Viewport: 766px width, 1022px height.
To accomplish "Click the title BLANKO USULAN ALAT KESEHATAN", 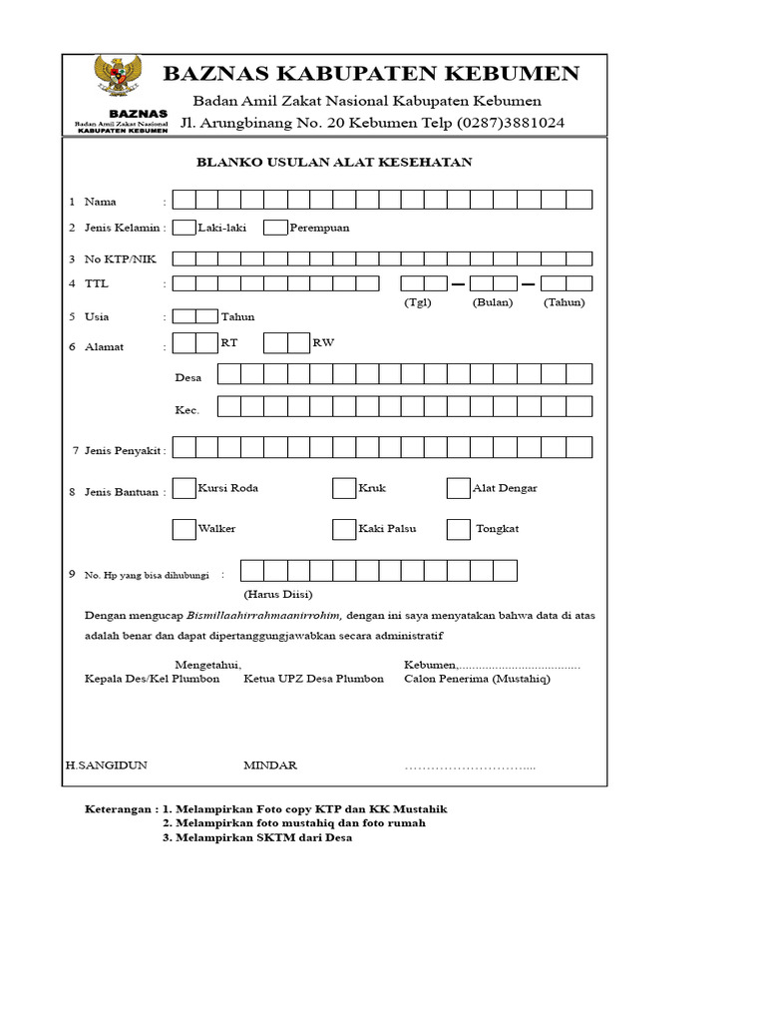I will point(334,162).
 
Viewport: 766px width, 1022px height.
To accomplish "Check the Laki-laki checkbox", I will point(184,228).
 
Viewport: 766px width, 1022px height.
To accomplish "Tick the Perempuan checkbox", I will point(275,228).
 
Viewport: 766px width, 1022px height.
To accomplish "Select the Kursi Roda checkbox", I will point(184,488).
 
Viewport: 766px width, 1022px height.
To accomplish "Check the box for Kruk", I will point(343,488).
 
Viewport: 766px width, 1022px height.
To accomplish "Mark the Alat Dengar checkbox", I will point(458,488).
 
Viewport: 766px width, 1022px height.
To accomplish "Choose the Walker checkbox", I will point(184,529).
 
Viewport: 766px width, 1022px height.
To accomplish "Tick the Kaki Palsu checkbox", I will point(343,529).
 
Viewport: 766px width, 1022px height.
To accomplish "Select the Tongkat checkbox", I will point(458,529).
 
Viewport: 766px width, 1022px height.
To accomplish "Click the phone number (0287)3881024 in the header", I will point(511,123).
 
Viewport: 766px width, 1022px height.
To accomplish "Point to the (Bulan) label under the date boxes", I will point(493,302).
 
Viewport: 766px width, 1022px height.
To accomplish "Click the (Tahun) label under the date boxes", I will point(565,302).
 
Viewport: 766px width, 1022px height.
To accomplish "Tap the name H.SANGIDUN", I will point(107,766).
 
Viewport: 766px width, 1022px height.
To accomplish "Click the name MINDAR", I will point(270,766).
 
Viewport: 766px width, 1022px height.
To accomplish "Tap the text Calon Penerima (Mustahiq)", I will point(477,679).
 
